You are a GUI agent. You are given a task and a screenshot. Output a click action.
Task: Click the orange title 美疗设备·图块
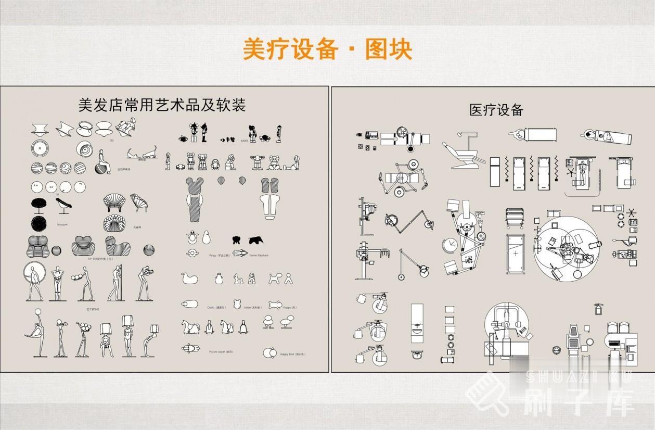(327, 50)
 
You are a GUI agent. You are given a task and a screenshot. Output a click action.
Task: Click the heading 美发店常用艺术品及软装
(161, 106)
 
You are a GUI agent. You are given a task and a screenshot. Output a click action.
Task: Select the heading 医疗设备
(496, 110)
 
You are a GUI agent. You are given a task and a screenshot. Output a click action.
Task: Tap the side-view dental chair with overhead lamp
(460, 151)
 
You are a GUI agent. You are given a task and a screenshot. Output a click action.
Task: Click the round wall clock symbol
(449, 245)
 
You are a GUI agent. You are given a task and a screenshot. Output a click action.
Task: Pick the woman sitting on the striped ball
(103, 162)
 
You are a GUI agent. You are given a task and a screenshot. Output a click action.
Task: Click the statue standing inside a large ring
(35, 281)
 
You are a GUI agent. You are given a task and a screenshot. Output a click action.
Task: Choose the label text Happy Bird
(291, 354)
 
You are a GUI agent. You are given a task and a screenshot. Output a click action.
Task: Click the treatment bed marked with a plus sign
(515, 253)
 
